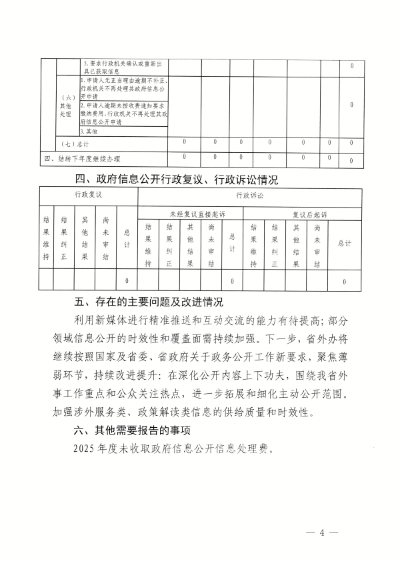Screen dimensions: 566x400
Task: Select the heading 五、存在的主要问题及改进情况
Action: tap(148, 302)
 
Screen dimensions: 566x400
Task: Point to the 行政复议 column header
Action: tap(87, 195)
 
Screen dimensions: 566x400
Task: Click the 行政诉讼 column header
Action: tap(249, 196)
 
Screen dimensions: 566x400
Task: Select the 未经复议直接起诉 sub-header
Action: tap(190, 214)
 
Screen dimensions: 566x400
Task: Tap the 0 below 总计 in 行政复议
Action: tap(127, 280)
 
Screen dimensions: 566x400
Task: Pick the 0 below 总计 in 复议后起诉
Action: tap(344, 282)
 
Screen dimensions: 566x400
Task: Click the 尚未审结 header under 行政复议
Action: tap(106, 238)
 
